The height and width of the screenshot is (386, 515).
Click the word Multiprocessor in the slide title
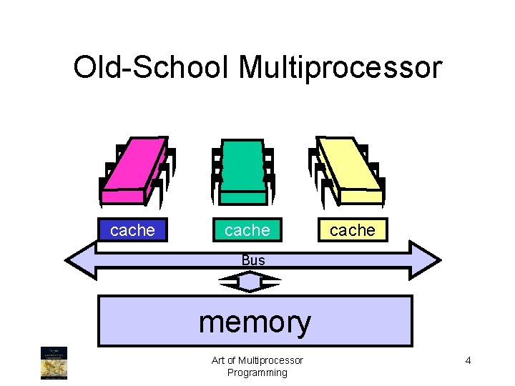[x=340, y=68]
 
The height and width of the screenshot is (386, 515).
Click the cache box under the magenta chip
[x=132, y=230]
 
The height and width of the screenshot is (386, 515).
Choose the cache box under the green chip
[x=247, y=230]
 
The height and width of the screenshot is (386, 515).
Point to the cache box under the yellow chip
[x=352, y=230]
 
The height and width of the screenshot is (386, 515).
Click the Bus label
[x=253, y=260]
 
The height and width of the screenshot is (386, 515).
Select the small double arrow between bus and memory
[x=250, y=284]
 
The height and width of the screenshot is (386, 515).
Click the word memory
[x=255, y=322]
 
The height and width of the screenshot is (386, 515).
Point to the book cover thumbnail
[x=54, y=362]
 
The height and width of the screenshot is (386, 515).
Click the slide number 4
[x=468, y=360]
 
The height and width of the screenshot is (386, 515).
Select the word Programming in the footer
[x=257, y=372]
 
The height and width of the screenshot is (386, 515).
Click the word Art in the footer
[x=219, y=360]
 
